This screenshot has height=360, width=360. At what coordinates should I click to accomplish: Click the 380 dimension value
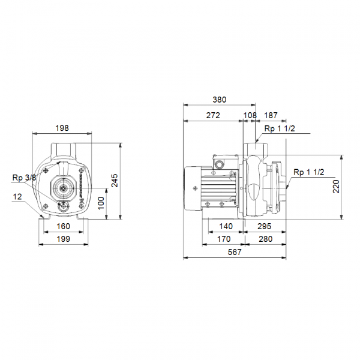pos(219,100)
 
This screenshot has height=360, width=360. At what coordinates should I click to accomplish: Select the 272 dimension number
pos(213,115)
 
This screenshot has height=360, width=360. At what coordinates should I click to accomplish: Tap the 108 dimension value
pos(250,115)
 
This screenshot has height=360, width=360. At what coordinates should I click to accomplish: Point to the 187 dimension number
pos(271,115)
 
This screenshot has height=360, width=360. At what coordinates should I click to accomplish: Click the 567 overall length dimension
pos(235,252)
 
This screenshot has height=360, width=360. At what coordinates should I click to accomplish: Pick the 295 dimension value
pos(264,226)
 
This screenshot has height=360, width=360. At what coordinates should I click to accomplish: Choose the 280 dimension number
pos(265,239)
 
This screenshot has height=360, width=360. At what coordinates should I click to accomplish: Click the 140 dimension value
pos(226,226)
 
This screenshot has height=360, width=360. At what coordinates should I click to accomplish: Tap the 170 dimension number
pos(224,239)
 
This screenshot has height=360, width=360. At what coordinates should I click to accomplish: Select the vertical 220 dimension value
pos(336,187)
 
